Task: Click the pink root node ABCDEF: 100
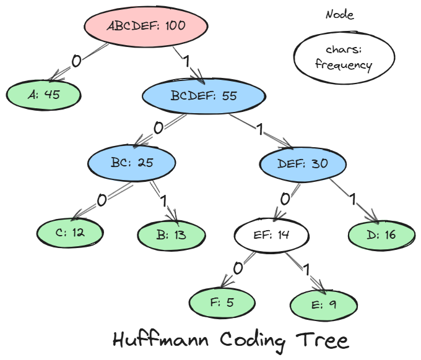tap(146, 26)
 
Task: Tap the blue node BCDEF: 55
tap(204, 96)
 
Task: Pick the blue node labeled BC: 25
tap(132, 163)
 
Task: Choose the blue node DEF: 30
tap(303, 164)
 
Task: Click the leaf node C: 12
tap(70, 233)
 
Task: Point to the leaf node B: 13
tap(171, 234)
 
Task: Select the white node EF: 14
tap(272, 235)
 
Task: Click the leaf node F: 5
tap(222, 303)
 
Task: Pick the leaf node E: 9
tap(323, 304)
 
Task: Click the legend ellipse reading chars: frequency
tap(344, 57)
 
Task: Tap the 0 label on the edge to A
tap(76, 61)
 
